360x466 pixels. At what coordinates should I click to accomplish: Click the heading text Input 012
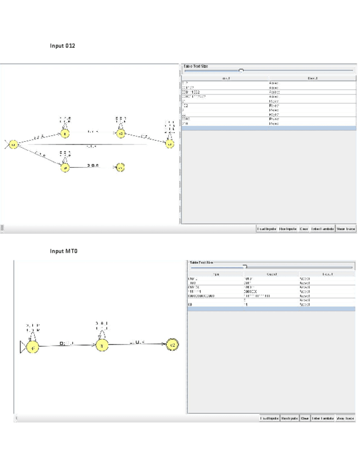(62, 46)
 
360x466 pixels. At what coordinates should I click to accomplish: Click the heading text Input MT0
(64, 251)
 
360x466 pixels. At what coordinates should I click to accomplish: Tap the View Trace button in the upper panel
(345, 228)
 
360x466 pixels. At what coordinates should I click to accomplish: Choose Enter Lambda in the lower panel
(323, 419)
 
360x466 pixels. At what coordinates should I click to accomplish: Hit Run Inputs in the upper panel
(288, 228)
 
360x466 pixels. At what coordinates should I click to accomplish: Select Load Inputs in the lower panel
(269, 419)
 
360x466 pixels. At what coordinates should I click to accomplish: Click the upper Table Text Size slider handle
(241, 71)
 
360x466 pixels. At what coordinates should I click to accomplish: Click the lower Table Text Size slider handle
(245, 267)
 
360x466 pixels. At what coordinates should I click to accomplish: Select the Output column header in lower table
(271, 273)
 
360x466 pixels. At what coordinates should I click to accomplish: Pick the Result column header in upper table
(313, 79)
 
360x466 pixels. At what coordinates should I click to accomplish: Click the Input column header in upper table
(225, 79)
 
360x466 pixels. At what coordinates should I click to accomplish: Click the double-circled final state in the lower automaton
(171, 345)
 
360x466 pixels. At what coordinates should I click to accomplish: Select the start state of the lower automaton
(32, 347)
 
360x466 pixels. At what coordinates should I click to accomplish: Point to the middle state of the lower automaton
(101, 345)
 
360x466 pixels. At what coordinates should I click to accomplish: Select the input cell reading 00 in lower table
(190, 304)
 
